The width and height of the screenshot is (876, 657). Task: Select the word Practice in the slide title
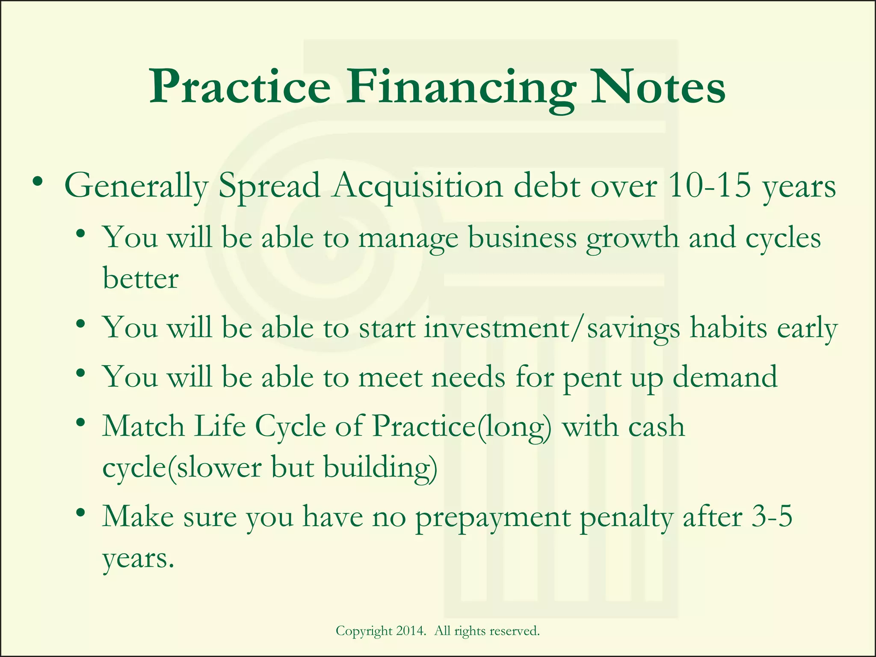tap(240, 88)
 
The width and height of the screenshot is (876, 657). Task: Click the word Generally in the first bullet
tap(136, 187)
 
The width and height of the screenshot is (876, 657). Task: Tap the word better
tap(140, 278)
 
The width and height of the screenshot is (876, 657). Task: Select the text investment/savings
tap(552, 328)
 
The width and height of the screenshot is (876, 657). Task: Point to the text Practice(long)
tap(462, 427)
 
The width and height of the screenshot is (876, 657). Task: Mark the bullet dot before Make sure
tap(80, 512)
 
